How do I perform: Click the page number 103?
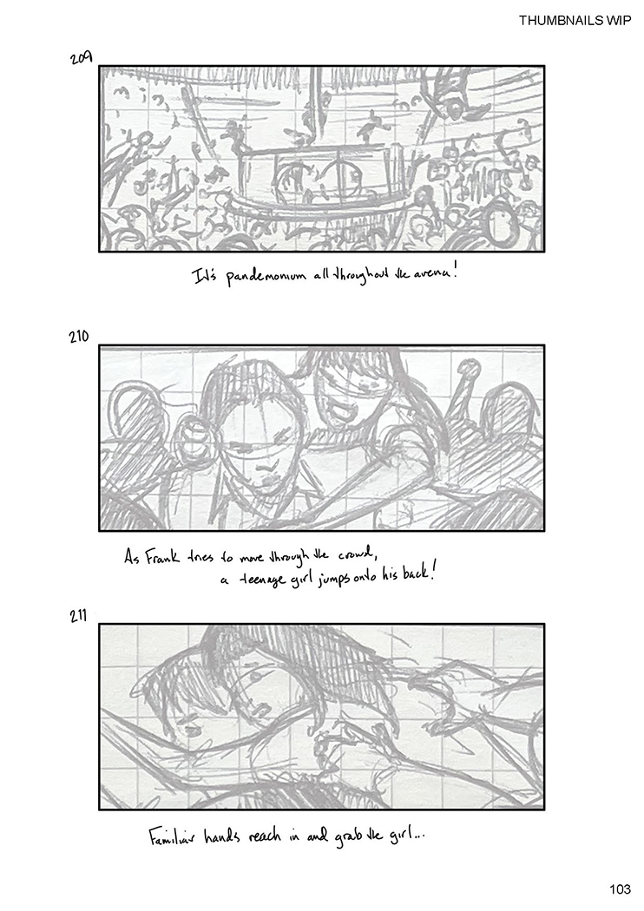pos(620,889)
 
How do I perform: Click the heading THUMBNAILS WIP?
pos(575,21)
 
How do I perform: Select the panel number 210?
pos(78,337)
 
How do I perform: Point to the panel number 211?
pos(78,615)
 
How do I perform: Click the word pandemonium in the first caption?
pos(266,277)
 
